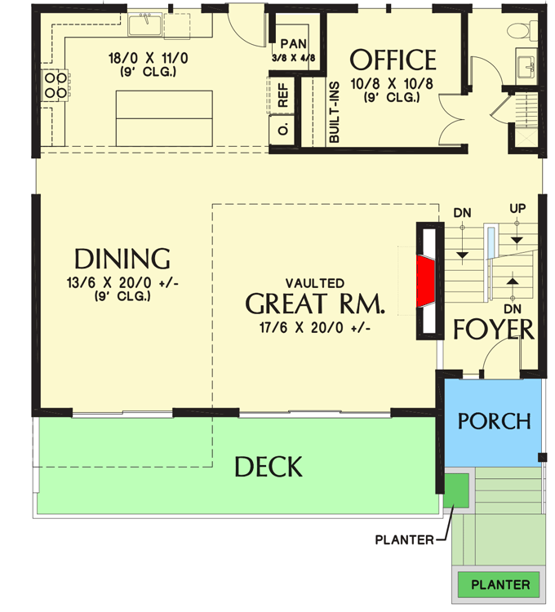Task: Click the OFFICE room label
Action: pyautogui.click(x=393, y=60)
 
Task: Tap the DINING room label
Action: pyautogui.click(x=122, y=259)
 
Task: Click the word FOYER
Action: pyautogui.click(x=494, y=330)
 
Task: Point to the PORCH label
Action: pyautogui.click(x=494, y=421)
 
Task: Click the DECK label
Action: pyautogui.click(x=269, y=467)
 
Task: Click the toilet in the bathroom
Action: pyautogui.click(x=518, y=31)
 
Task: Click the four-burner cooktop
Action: pyautogui.click(x=55, y=85)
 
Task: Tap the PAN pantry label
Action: pyautogui.click(x=292, y=44)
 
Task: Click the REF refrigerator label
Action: pyautogui.click(x=283, y=99)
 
